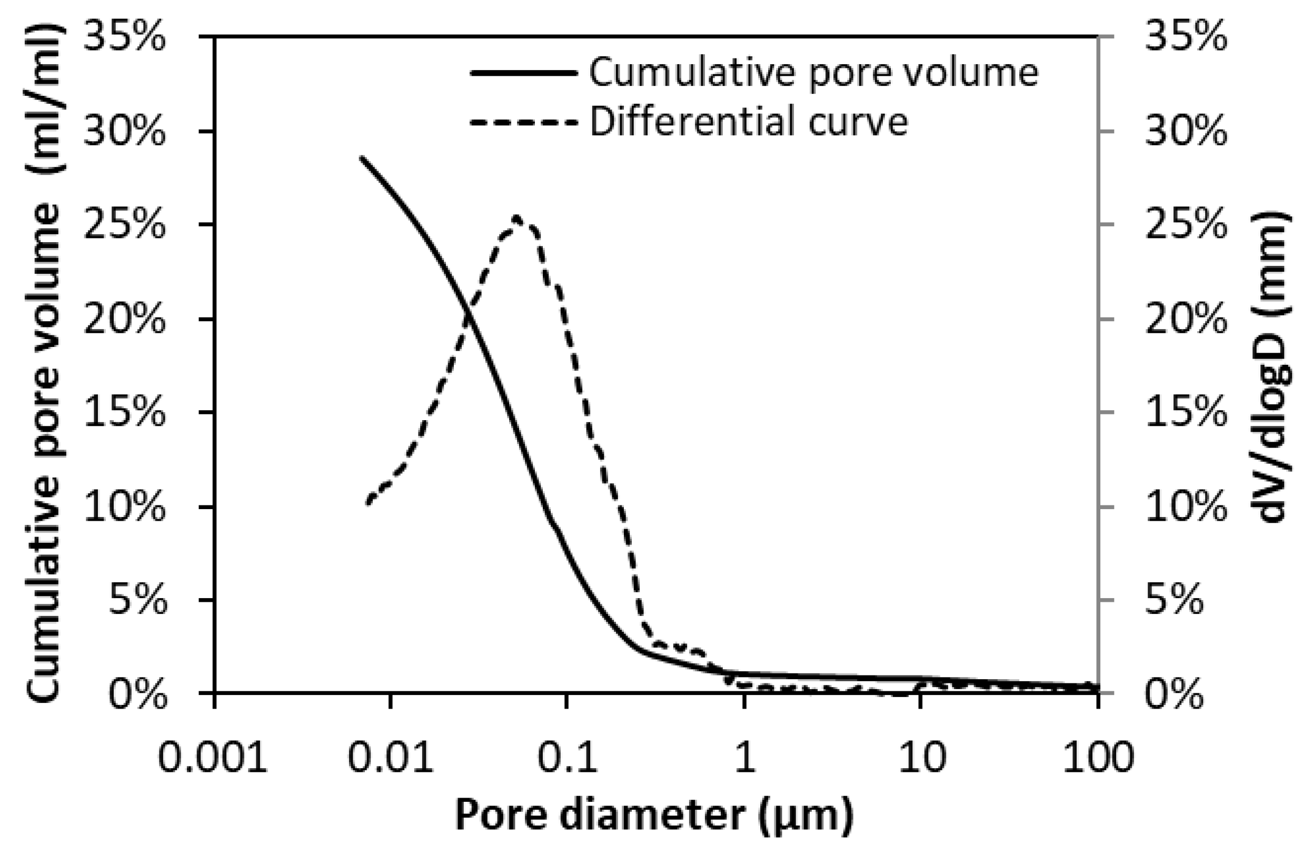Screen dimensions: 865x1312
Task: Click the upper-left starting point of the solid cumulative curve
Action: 361,158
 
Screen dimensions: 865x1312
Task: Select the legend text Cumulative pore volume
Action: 813,73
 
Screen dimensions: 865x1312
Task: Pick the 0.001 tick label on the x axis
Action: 213,758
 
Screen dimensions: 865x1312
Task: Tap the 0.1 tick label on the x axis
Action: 567,758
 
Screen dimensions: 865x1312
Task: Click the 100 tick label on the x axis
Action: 1098,758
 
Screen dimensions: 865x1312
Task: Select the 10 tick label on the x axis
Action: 920,758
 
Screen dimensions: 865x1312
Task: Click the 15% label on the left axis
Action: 125,413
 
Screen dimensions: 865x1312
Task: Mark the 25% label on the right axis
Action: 1186,226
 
